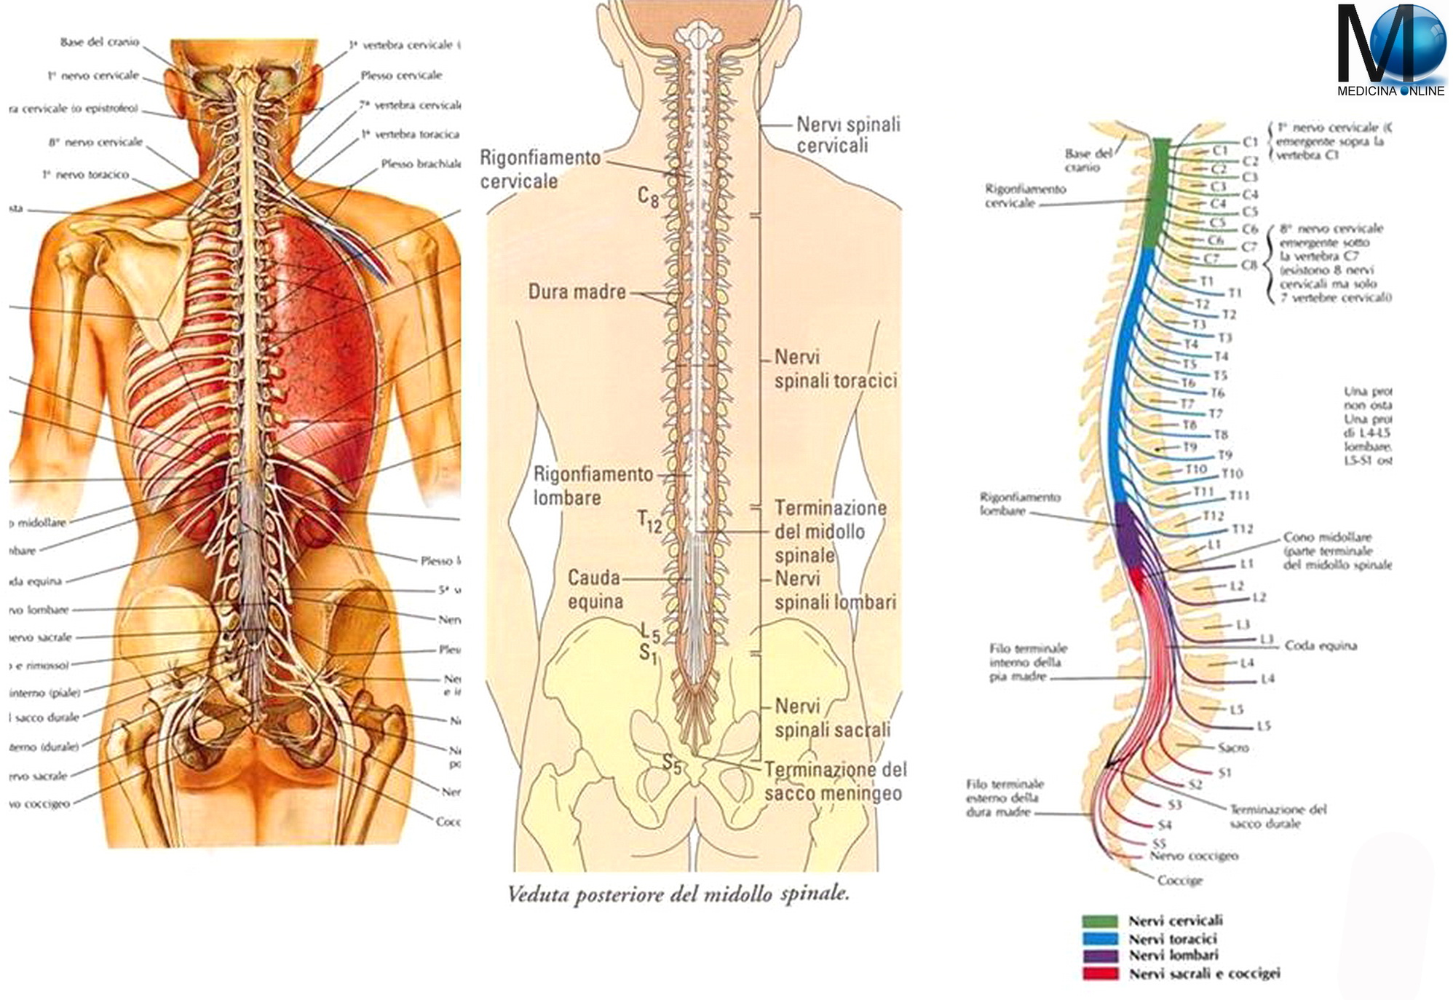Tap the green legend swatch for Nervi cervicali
(x=1099, y=921)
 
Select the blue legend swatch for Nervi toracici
(x=1099, y=939)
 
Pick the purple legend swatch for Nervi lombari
(x=1099, y=956)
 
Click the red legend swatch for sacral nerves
(x=1099, y=973)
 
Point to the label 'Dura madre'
(x=577, y=292)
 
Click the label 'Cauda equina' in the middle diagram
(x=594, y=589)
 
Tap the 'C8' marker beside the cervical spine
(x=648, y=197)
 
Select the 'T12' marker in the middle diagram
(x=649, y=521)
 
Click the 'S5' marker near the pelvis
(x=671, y=763)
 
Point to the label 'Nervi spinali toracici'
(x=835, y=369)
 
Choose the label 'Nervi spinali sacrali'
(x=832, y=717)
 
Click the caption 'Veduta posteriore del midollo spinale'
(x=678, y=894)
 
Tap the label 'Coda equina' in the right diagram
(x=1321, y=645)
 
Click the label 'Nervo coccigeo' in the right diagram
(x=1194, y=856)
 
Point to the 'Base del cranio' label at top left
(x=100, y=42)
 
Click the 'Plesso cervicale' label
(x=401, y=75)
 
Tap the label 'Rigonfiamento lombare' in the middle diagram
(x=593, y=486)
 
